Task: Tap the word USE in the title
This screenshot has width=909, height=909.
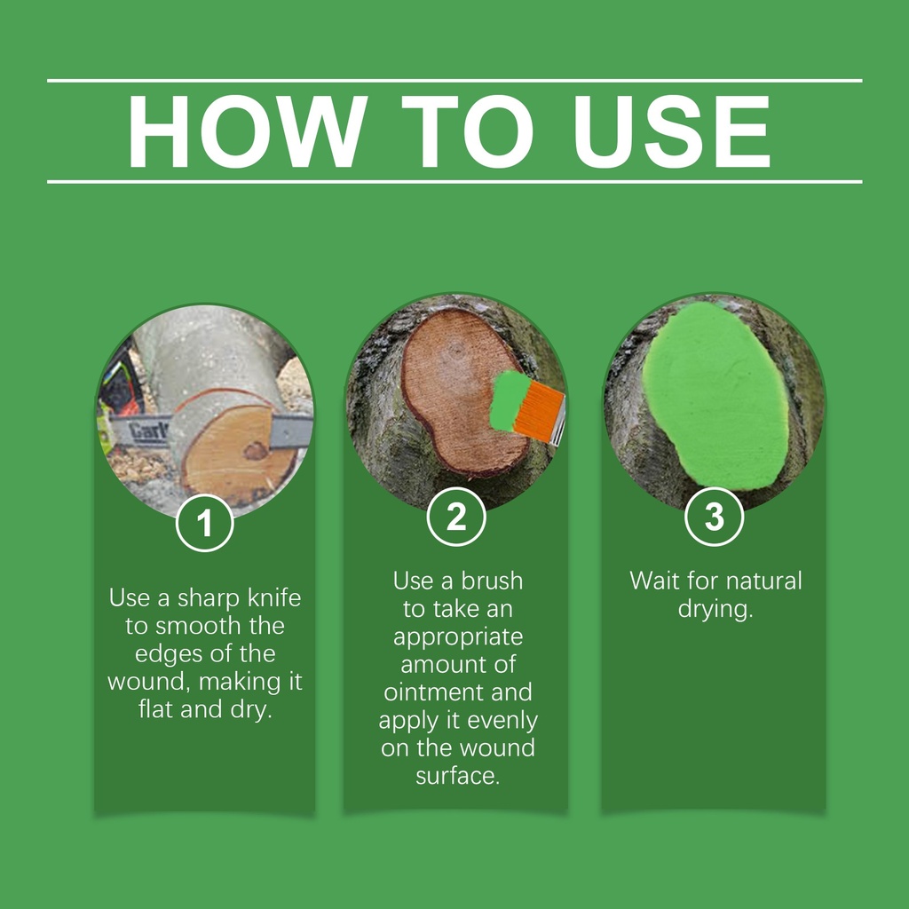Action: pos(672,131)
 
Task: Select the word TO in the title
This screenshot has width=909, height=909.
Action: pos(467,131)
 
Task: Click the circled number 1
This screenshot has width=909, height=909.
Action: pos(205,522)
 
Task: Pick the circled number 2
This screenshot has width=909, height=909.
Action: pos(456,517)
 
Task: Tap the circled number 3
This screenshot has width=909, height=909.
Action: pos(714,517)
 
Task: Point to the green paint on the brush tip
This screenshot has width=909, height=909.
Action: pos(509,400)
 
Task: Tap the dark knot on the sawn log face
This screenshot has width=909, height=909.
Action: pos(255,450)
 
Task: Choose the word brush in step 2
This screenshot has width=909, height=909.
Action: pos(492,581)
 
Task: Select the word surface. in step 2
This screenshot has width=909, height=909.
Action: pos(458,776)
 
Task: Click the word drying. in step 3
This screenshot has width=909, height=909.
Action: pos(715,610)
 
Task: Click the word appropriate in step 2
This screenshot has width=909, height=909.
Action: pos(458,637)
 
